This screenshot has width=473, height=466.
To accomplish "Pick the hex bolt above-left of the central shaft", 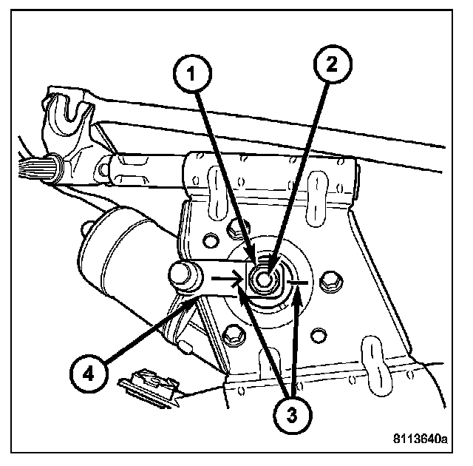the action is click(x=212, y=239).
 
